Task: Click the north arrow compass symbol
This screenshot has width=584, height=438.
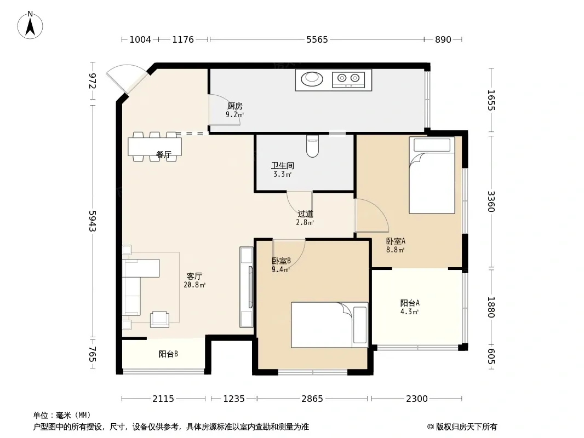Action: point(30,25)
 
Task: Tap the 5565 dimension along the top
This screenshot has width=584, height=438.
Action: point(317,39)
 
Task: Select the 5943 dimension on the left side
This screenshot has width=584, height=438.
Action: point(93,221)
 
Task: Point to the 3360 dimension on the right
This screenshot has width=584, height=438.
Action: point(491,201)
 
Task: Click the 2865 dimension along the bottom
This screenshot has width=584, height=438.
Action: point(312,399)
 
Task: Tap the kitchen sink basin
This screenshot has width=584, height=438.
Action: point(311,78)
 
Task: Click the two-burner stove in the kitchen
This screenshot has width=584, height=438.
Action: point(348,78)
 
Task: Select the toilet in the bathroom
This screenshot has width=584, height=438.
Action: point(312,146)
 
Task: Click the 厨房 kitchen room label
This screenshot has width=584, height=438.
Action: point(235,106)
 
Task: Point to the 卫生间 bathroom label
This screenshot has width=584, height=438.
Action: point(282,165)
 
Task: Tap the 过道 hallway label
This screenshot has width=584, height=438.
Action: point(305,214)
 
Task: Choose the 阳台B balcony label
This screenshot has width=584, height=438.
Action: point(168,354)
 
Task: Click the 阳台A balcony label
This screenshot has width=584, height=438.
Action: point(410,303)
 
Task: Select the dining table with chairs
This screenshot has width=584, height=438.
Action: point(155,147)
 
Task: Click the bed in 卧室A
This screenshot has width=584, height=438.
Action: point(432,175)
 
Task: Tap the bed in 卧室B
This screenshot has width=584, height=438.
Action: point(330,325)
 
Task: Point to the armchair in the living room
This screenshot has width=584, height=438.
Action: point(159,319)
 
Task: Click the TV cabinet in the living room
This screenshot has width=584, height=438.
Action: point(247,287)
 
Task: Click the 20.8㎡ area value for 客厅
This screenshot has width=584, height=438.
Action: point(194,285)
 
